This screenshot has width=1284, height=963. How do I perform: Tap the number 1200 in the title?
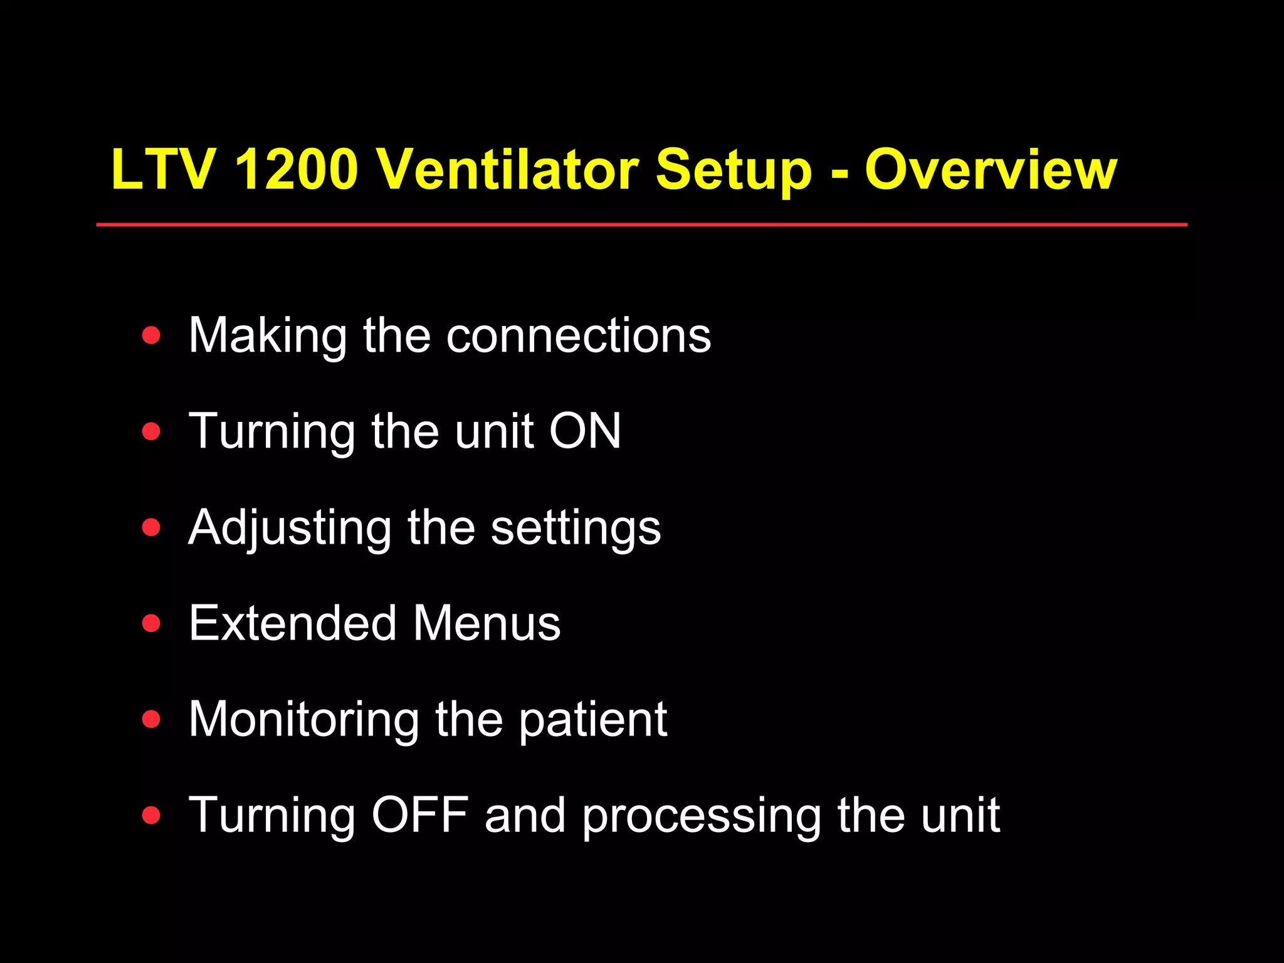296,169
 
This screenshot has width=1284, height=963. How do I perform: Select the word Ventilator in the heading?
507,169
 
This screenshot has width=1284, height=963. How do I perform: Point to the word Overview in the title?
991,169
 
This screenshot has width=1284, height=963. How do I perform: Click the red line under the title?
641,224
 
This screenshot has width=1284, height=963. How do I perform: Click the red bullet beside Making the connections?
151,335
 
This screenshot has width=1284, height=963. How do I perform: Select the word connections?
578,335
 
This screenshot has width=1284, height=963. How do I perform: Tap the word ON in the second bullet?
585,431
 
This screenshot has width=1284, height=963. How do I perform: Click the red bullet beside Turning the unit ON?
151,431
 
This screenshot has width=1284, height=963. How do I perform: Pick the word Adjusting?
290,528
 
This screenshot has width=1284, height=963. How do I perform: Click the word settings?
576,528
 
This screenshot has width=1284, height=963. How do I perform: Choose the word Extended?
293,623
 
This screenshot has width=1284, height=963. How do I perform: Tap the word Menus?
487,623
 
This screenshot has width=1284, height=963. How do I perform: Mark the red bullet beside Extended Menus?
151,623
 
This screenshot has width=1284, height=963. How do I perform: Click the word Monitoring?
304,719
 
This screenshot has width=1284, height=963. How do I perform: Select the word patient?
592,719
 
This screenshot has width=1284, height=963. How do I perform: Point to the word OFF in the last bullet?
420,815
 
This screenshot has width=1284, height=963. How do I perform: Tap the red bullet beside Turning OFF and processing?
151,815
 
